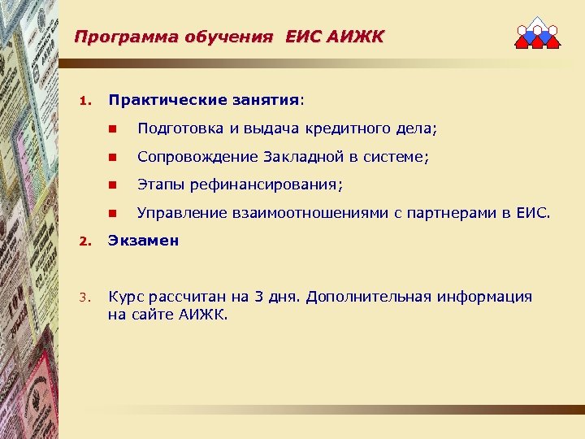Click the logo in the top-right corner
tap(538, 33)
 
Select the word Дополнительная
tap(386, 297)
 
